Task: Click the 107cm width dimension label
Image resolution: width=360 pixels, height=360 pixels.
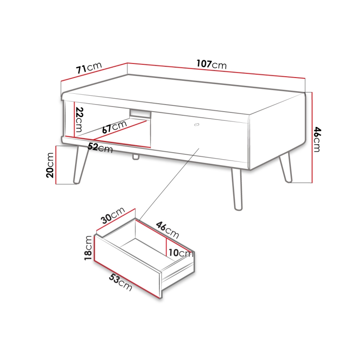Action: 212,64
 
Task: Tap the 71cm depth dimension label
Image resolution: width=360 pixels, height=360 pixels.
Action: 89,68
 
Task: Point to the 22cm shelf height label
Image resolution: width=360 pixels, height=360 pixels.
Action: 79,119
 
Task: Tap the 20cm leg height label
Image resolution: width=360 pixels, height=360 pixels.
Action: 50,165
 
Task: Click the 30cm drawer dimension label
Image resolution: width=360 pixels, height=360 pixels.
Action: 113,215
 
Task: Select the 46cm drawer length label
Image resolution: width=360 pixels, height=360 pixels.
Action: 168,230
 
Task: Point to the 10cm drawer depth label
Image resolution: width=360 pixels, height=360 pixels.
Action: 181,253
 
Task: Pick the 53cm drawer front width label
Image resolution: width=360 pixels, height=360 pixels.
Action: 121,282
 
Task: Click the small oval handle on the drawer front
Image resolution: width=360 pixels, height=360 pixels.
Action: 197,125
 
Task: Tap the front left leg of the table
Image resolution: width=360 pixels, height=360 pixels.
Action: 80,165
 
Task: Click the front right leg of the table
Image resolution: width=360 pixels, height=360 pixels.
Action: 237,190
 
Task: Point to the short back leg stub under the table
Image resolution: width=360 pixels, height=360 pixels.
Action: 136,157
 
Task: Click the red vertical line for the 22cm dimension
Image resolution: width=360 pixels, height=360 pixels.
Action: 74,119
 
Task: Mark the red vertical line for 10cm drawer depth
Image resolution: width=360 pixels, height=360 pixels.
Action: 166,246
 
